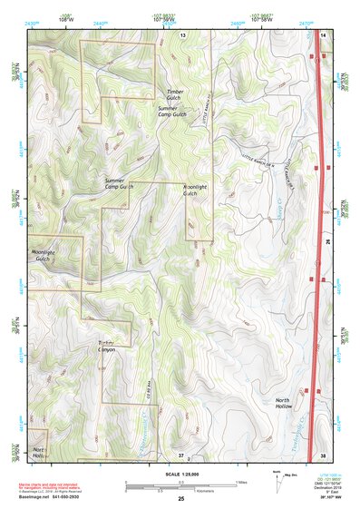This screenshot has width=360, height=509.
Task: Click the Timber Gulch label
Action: click(x=175, y=93)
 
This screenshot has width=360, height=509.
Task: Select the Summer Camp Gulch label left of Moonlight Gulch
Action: click(x=119, y=185)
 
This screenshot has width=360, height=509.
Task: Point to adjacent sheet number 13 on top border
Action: click(x=181, y=34)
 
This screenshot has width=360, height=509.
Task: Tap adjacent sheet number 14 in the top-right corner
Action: click(x=324, y=34)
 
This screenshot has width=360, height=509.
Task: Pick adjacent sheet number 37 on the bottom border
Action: click(x=180, y=454)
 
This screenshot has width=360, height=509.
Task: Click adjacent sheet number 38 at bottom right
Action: click(x=324, y=454)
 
